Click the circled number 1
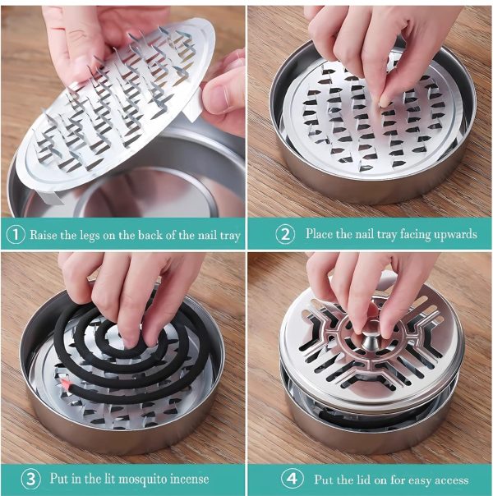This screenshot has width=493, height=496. click(x=15, y=235)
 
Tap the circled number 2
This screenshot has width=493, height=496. click(x=285, y=234)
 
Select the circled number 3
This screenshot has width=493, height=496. click(x=30, y=479)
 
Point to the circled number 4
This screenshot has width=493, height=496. click(x=292, y=478)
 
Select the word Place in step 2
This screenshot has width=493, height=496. click(x=319, y=234)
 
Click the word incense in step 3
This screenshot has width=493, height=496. click(x=190, y=479)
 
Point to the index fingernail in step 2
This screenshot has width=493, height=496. click(x=385, y=102)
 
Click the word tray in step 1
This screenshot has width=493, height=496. click(x=230, y=236)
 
